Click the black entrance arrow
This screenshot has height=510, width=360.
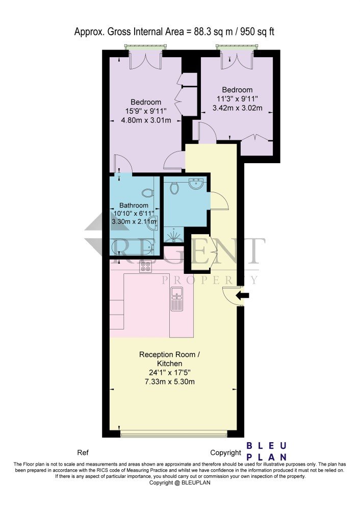(x=242, y=296)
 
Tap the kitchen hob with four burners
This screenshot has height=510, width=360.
(x=145, y=266)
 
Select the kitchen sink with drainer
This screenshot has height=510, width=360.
(x=177, y=298)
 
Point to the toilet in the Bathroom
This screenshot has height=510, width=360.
(x=148, y=193)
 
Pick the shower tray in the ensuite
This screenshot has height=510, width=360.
(x=174, y=235)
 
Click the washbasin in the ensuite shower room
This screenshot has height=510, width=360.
(x=196, y=183)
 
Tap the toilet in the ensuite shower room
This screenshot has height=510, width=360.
(x=174, y=188)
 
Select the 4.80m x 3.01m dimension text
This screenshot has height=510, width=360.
(x=146, y=120)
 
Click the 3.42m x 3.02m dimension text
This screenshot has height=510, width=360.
(x=238, y=108)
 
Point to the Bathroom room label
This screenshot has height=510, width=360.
(x=134, y=205)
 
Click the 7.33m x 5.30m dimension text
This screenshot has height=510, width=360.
(x=170, y=381)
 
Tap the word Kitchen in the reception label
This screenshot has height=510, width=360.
(x=170, y=363)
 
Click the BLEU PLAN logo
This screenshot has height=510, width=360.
(x=266, y=451)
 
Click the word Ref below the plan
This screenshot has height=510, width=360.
(x=83, y=452)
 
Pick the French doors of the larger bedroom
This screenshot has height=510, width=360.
(x=146, y=60)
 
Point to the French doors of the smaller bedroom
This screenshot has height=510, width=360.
(x=237, y=60)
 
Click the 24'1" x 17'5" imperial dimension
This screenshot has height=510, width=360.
(x=170, y=372)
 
